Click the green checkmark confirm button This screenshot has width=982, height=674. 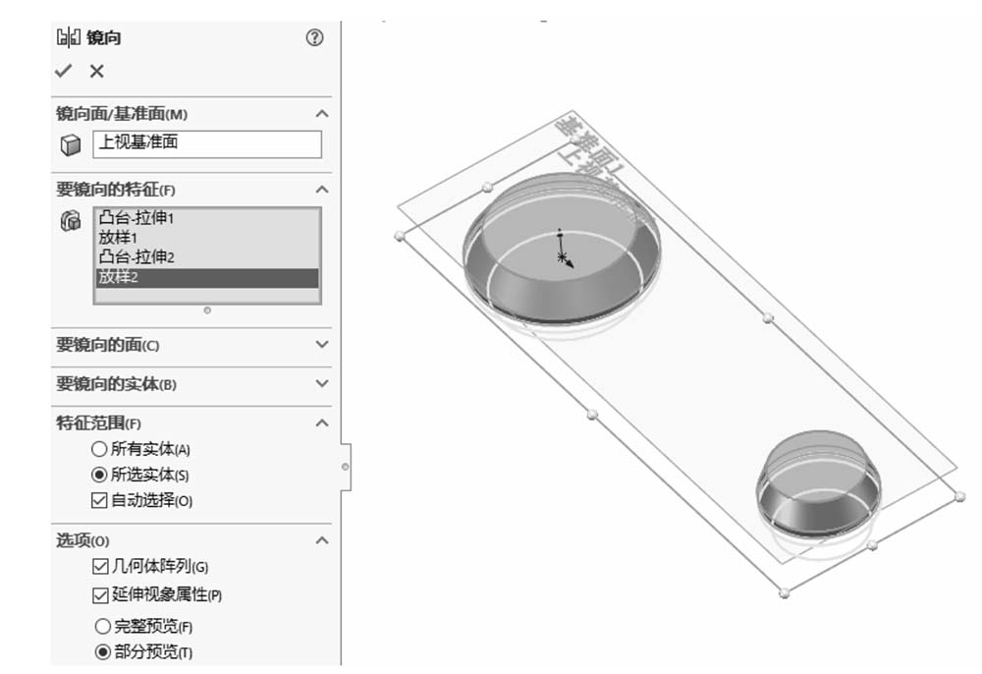tap(64, 71)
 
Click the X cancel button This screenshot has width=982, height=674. tap(96, 71)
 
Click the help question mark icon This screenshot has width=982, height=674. tap(314, 37)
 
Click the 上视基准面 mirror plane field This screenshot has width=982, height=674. tap(206, 143)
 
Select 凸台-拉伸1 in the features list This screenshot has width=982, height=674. tap(142, 218)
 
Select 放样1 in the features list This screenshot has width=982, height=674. tap(119, 238)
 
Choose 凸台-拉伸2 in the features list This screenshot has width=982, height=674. tap(142, 257)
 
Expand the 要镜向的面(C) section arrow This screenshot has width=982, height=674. tap(322, 345)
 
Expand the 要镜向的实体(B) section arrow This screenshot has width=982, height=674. tap(322, 384)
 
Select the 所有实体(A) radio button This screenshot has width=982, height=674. tap(98, 449)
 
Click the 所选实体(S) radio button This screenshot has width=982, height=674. tap(98, 475)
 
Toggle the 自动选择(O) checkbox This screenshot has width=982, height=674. tap(98, 500)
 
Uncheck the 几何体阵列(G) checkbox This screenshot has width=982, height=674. tap(99, 567)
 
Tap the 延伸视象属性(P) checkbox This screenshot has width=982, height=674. tap(99, 594)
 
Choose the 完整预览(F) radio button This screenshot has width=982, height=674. tap(102, 626)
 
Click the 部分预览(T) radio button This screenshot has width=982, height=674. tap(102, 651)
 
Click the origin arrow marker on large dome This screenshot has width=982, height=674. tap(564, 257)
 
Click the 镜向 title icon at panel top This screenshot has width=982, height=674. tap(69, 38)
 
